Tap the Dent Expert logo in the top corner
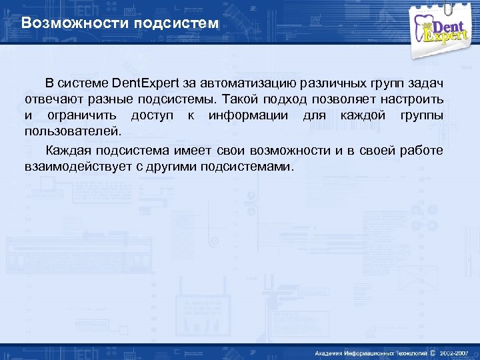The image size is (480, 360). click(x=443, y=29)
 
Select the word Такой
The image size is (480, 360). click(x=241, y=100)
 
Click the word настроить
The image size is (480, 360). click(x=411, y=100)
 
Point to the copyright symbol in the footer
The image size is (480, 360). click(x=433, y=352)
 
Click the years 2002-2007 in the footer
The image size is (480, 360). click(x=456, y=352)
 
